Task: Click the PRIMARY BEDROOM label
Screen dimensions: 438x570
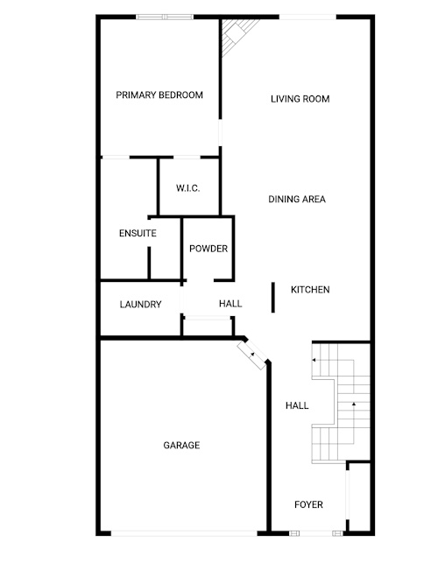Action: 159,95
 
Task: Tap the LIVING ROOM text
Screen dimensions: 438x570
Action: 300,99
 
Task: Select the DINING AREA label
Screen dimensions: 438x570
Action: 297,200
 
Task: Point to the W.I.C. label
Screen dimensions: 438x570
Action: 187,188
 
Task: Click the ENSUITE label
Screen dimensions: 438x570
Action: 138,234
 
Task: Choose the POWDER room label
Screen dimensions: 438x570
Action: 208,249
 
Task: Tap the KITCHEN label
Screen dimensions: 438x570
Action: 310,290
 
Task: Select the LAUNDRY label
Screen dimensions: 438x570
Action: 141,305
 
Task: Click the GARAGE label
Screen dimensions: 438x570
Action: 181,446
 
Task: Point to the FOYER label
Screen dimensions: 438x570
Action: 309,504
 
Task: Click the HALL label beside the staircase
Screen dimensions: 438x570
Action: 297,405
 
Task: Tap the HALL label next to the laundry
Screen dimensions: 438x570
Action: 230,304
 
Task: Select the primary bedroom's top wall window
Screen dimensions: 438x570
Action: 165,17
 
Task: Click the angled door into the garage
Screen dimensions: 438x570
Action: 251,355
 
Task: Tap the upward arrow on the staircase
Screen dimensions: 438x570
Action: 354,404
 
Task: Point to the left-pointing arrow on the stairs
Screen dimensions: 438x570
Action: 314,360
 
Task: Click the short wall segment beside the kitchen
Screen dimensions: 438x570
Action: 272,298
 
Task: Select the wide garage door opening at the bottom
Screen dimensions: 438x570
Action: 184,533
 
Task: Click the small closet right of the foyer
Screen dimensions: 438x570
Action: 359,497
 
